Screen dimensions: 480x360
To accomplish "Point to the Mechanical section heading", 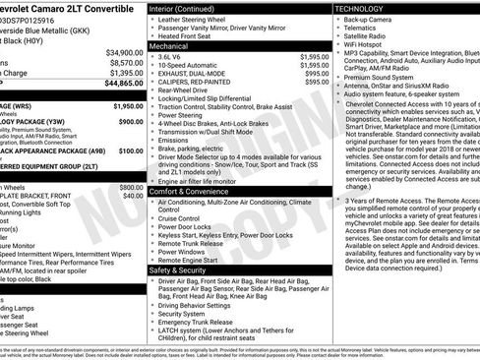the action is [170, 45].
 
